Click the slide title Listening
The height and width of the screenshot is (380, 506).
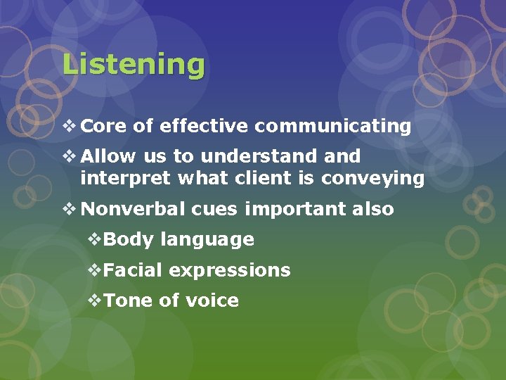tap(134, 65)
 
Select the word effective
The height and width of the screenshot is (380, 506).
tap(204, 127)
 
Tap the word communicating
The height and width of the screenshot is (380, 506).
tap(332, 127)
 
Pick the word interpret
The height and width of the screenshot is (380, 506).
tap(125, 179)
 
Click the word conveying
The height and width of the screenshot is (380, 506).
tap(372, 179)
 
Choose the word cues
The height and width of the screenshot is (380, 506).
tap(212, 210)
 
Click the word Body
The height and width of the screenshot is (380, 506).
tap(128, 240)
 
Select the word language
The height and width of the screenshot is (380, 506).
tap(207, 240)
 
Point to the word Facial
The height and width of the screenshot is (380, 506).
tap(133, 270)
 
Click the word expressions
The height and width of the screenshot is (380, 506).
tap(230, 270)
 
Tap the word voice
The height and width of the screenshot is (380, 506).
tap(212, 301)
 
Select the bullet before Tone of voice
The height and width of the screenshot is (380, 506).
tap(95, 301)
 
